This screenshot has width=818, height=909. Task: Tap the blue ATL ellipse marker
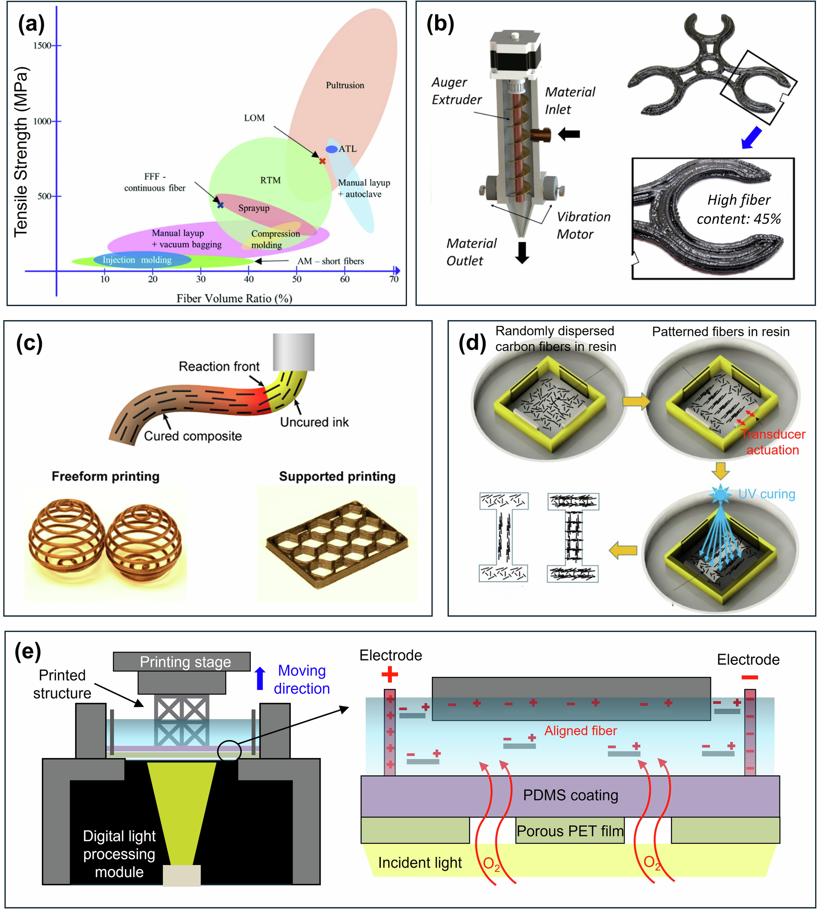[331, 149]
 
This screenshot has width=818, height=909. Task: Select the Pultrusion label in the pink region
[345, 86]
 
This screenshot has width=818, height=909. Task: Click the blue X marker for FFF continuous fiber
[220, 205]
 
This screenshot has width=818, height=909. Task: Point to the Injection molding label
[137, 260]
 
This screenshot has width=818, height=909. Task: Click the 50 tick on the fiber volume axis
[297, 271]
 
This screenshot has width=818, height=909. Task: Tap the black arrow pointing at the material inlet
[569, 134]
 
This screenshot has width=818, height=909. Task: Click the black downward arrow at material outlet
[522, 253]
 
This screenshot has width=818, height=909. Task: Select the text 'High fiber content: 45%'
[738, 209]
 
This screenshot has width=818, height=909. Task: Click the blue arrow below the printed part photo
[751, 138]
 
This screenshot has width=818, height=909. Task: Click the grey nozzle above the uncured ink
[294, 352]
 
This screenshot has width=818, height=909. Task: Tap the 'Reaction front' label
[219, 367]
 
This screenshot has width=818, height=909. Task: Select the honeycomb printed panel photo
[337, 545]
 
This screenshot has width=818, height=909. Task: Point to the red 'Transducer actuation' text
[773, 442]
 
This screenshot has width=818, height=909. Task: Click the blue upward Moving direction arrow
[260, 678]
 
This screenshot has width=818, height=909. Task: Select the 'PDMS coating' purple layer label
[571, 795]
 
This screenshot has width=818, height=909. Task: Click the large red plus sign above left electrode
[389, 674]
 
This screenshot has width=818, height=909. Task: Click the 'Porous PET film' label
[570, 831]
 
